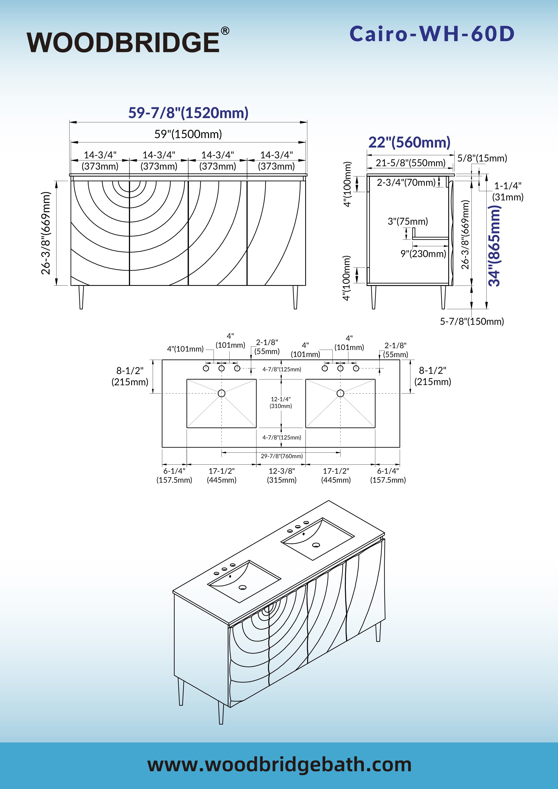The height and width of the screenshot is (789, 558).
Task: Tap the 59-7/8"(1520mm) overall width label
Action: [188, 113]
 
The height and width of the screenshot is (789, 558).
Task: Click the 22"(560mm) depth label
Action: [409, 142]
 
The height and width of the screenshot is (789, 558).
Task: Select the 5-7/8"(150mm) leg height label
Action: [472, 321]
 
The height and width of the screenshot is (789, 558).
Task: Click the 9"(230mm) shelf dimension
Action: [423, 254]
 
